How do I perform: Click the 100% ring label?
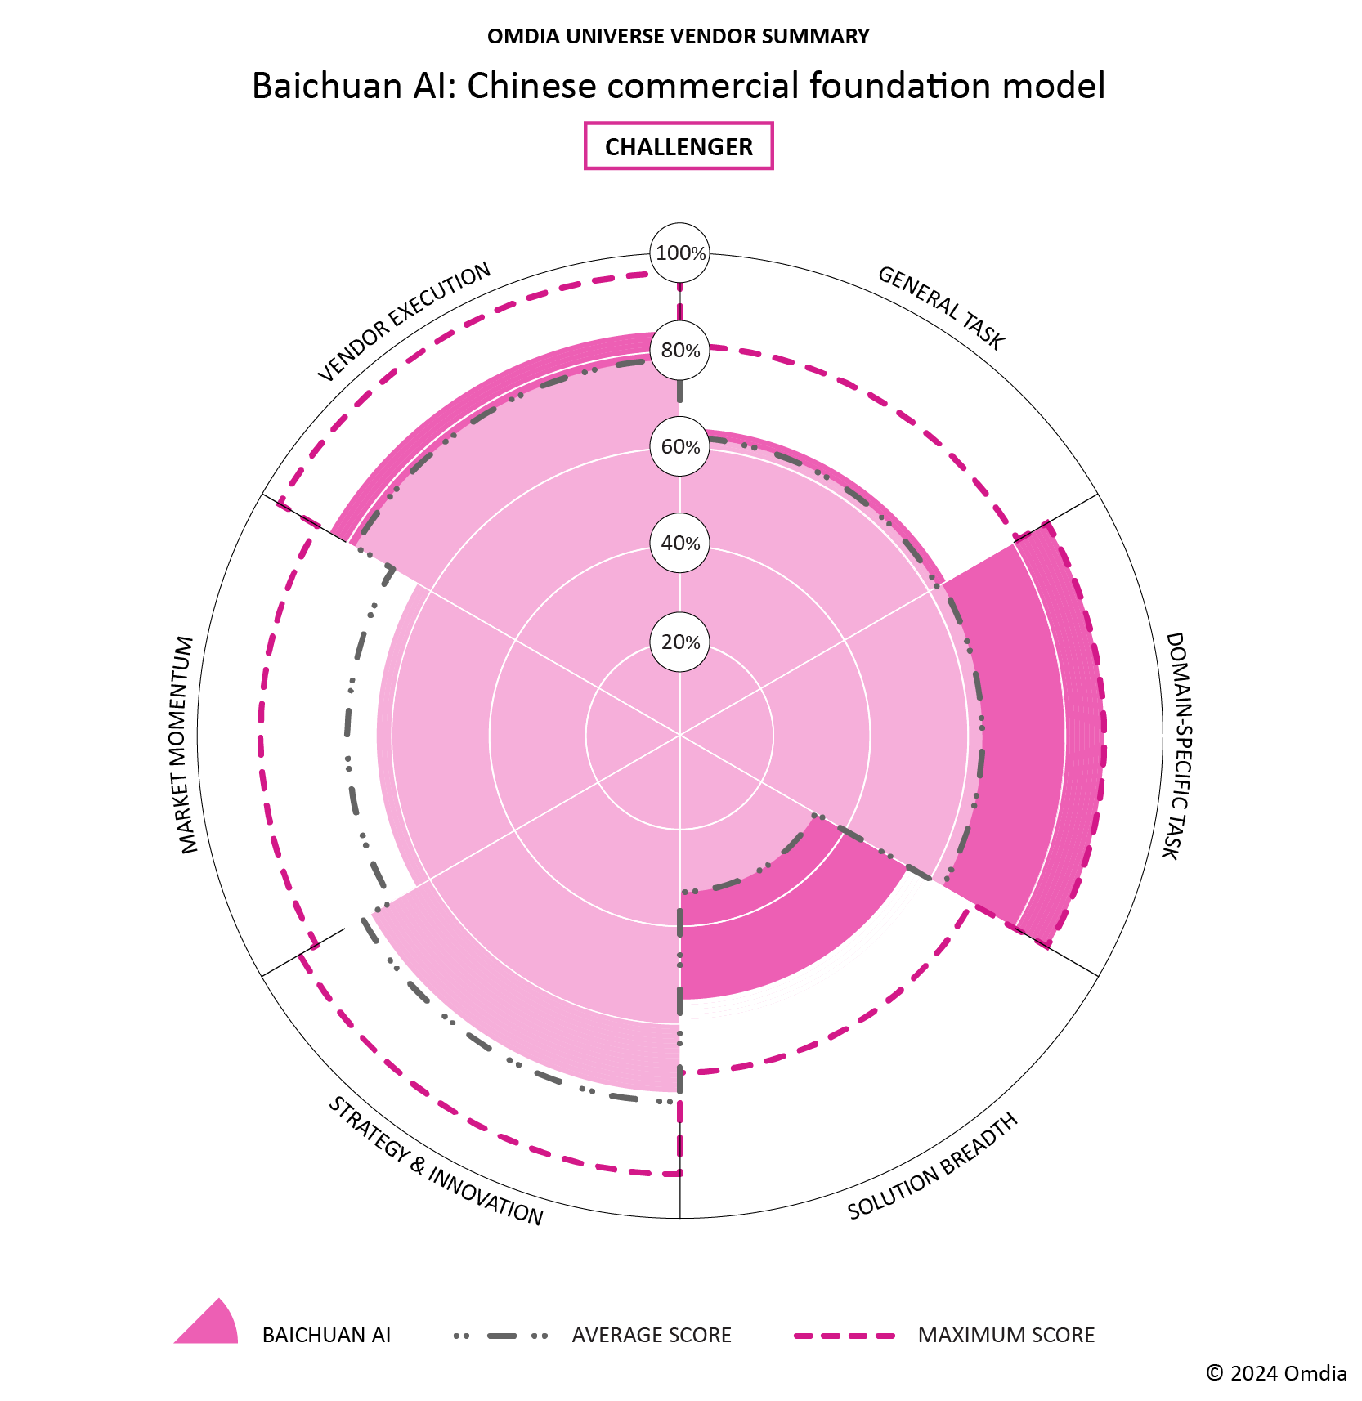[679, 253]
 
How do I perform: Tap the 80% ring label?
[679, 351]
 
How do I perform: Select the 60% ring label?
[679, 447]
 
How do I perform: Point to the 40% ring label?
[679, 544]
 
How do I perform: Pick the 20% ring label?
[679, 642]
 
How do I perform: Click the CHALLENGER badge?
[679, 146]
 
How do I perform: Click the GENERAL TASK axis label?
[940, 308]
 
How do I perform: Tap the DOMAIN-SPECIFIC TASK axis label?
[1174, 745]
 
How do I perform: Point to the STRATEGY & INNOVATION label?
[435, 1162]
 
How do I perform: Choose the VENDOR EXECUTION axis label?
[405, 322]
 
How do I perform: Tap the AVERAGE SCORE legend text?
[652, 1336]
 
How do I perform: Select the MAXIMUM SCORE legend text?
[1006, 1336]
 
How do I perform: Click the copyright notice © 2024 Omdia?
[1276, 1373]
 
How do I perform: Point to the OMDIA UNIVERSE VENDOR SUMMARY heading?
[679, 37]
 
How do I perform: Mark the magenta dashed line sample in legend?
[845, 1336]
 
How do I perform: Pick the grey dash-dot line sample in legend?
[500, 1336]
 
